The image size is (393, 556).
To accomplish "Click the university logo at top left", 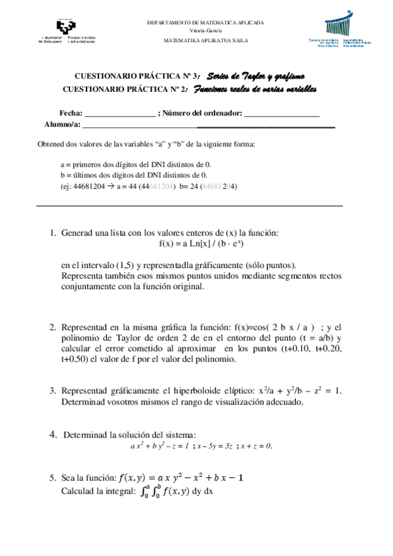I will click(67, 31).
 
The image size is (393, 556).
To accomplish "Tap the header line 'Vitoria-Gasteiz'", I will click(205, 31).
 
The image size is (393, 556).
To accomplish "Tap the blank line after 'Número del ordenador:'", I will click(281, 113).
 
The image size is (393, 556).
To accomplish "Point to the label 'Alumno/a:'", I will click(62, 124).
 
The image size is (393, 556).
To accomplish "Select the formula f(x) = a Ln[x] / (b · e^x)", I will click(202, 244).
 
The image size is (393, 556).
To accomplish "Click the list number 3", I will click(52, 391).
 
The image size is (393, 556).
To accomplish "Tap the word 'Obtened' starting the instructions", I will click(51, 144).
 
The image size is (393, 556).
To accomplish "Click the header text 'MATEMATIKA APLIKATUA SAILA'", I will click(205, 41).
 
